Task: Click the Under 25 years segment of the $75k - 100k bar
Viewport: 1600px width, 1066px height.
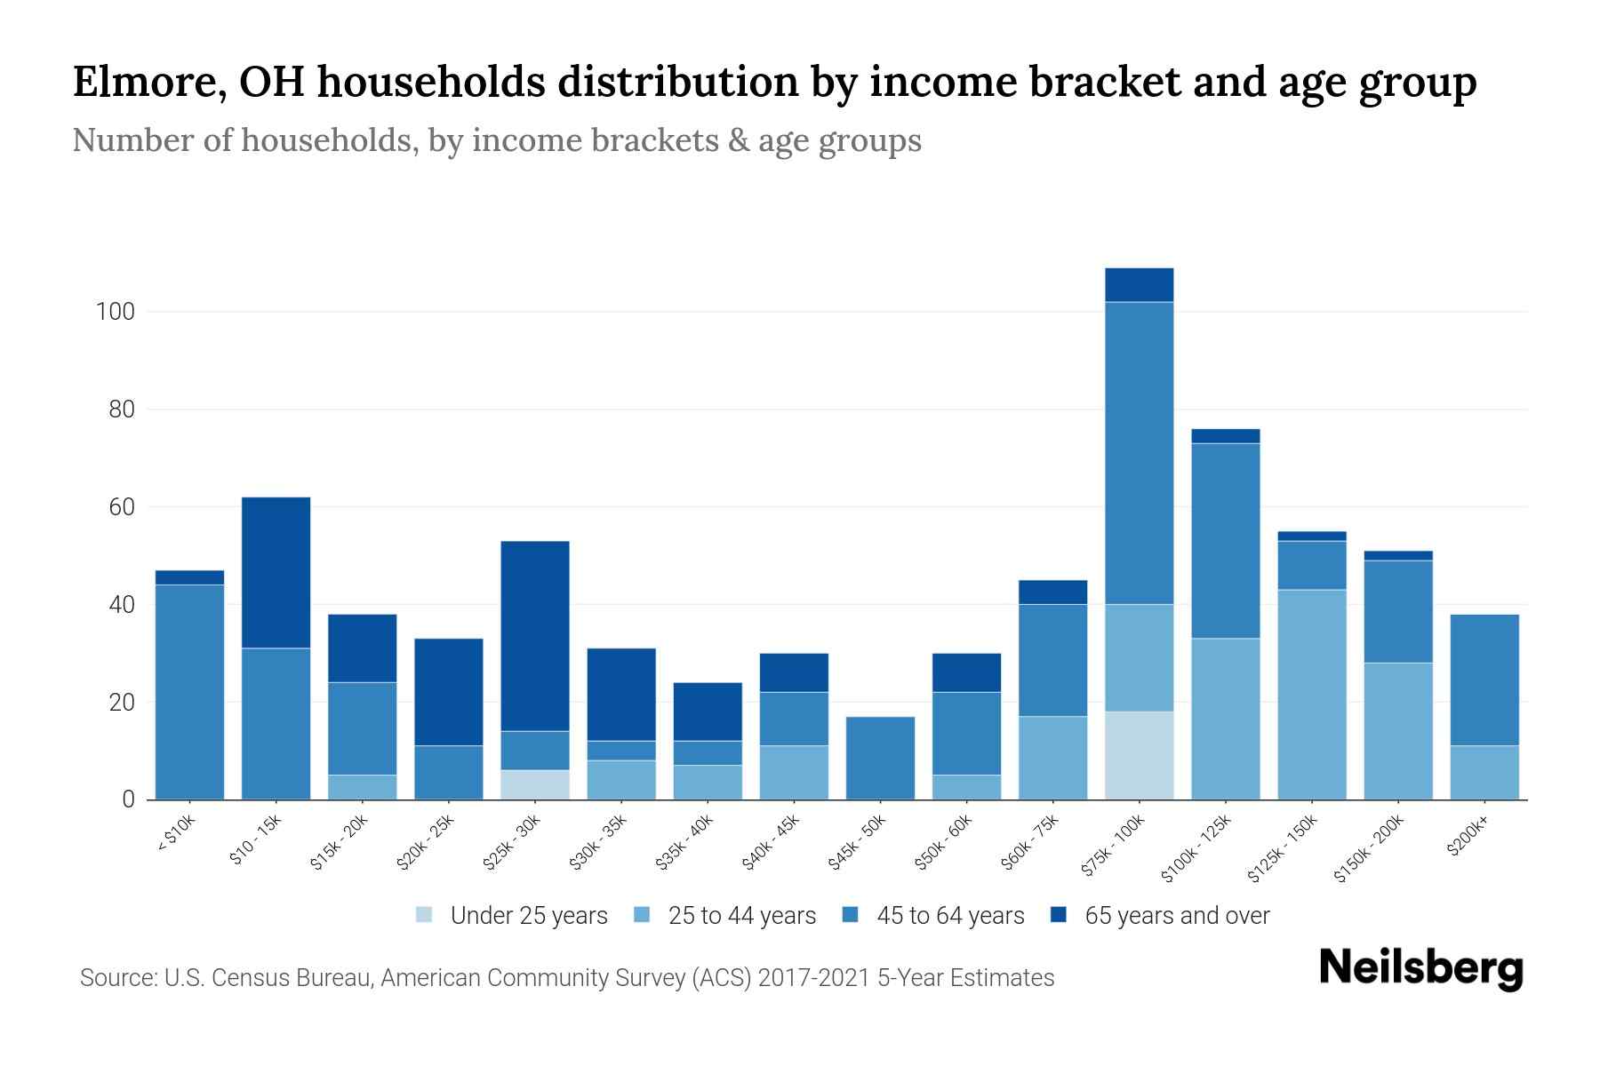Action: pos(1139,755)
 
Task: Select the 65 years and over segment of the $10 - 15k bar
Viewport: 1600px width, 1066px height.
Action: pos(276,572)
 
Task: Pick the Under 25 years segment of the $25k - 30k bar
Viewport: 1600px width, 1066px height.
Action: pos(535,784)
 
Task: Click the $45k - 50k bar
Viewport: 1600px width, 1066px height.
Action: pos(880,758)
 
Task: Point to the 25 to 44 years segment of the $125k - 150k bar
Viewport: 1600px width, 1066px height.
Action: pos(1311,694)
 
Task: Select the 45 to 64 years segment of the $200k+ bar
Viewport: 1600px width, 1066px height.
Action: pos(1484,680)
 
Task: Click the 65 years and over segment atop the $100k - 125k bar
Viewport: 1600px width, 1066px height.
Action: pos(1225,436)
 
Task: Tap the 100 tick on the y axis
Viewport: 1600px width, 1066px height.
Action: pos(115,313)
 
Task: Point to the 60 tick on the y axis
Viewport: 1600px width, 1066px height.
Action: pos(121,507)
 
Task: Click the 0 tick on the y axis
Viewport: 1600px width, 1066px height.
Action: pos(128,799)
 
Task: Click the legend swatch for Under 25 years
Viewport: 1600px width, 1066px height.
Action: pos(425,915)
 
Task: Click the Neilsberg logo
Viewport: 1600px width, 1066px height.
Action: pos(1420,968)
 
